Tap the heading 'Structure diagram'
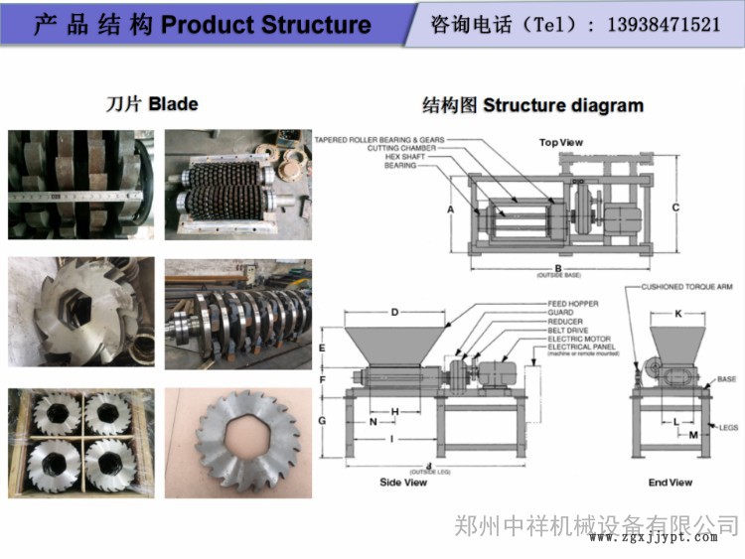[x=563, y=105]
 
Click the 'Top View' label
[x=560, y=142]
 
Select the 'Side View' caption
[x=403, y=482]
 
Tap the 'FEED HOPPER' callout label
[x=572, y=303]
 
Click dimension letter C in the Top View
[x=675, y=207]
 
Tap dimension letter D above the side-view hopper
[x=394, y=313]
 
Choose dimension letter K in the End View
[x=678, y=313]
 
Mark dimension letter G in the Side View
[x=322, y=420]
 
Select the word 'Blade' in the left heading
[x=174, y=103]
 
